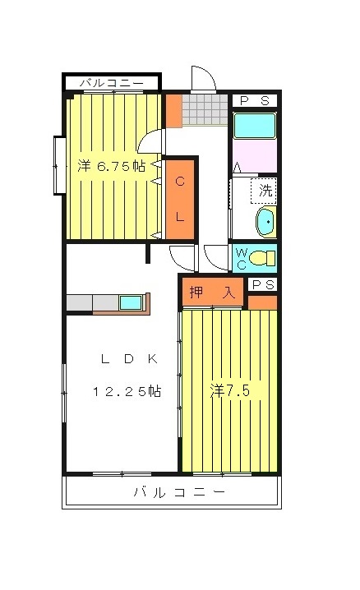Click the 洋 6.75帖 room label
click(x=111, y=165)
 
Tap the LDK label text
click(x=129, y=358)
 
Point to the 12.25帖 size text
click(x=127, y=392)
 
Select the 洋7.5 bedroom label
click(x=230, y=391)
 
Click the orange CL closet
click(x=180, y=199)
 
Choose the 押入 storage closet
click(x=213, y=292)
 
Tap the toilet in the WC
click(x=262, y=258)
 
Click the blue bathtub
click(x=255, y=125)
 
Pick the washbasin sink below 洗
click(x=266, y=222)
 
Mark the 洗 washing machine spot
click(x=264, y=191)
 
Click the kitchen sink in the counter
click(x=131, y=302)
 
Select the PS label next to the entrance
click(x=255, y=100)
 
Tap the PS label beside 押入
click(x=263, y=284)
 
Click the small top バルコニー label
click(x=111, y=82)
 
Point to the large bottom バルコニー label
click(x=179, y=491)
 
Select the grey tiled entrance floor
click(x=205, y=109)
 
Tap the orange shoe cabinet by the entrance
click(x=173, y=111)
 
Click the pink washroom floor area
click(x=255, y=155)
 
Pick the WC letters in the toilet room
click(x=241, y=258)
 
